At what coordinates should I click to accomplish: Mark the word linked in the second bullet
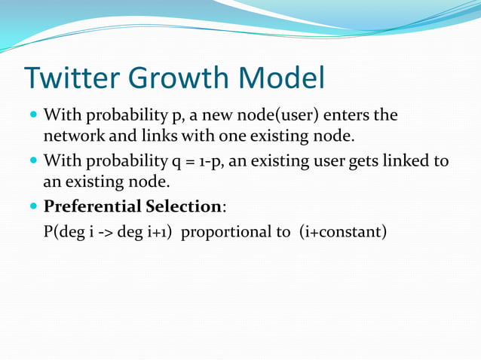point(406,161)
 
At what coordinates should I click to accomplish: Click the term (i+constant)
point(342,231)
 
